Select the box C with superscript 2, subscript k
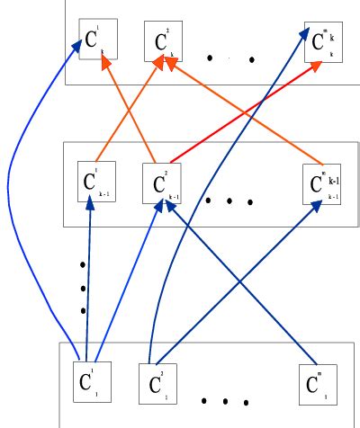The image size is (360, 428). tap(163, 41)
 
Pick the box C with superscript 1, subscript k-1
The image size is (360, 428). tap(93, 183)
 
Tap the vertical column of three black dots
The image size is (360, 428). tap(83, 287)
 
